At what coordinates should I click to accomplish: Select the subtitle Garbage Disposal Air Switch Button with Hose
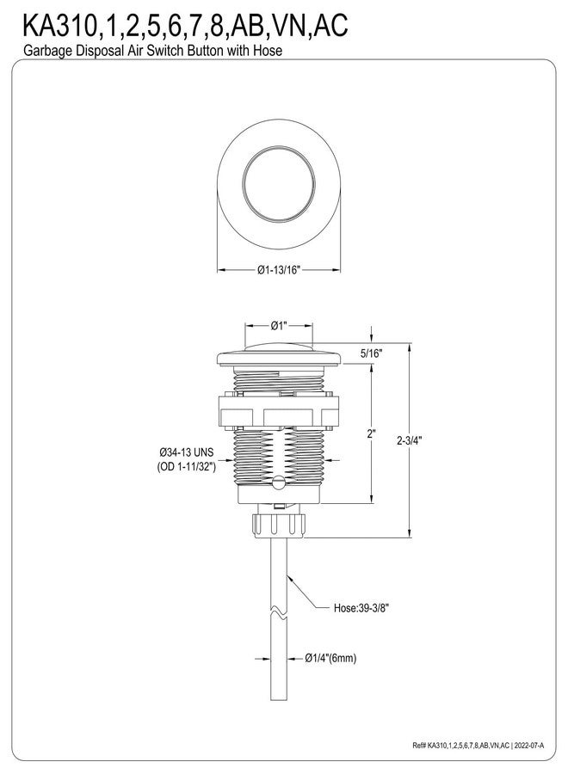coord(147,51)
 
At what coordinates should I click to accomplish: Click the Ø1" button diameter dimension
coord(279,326)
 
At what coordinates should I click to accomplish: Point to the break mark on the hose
coord(279,613)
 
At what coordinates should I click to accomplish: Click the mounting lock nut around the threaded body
coord(279,411)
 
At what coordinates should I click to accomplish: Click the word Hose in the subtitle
coord(268,51)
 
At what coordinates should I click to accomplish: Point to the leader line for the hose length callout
coord(311,593)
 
